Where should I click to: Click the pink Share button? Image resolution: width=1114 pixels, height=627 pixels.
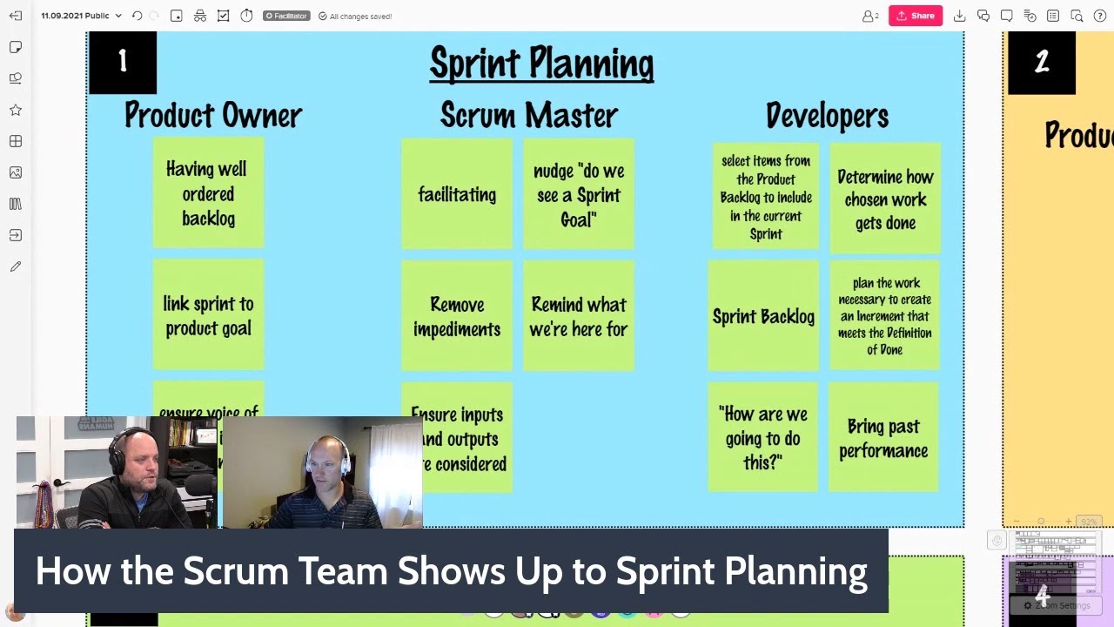pyautogui.click(x=915, y=16)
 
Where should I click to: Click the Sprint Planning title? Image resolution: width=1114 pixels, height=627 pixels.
pyautogui.click(x=541, y=64)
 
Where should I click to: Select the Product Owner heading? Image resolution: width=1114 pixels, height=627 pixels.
pyautogui.click(x=212, y=115)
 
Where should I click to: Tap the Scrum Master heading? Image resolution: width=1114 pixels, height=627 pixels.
pyautogui.click(x=528, y=115)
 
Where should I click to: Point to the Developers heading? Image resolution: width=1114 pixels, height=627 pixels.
pyautogui.click(x=827, y=115)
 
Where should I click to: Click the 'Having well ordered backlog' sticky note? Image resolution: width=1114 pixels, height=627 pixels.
pyautogui.click(x=208, y=193)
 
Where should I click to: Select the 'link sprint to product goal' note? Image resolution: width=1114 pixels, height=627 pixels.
pyautogui.click(x=208, y=315)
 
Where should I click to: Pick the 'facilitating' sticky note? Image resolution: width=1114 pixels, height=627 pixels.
pyautogui.click(x=457, y=194)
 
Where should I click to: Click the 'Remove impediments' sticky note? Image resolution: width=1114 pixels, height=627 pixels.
pyautogui.click(x=457, y=316)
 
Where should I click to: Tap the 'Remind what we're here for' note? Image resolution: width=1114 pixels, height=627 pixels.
pyautogui.click(x=579, y=316)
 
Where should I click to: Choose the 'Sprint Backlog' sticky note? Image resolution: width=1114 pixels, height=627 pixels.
pyautogui.click(x=763, y=316)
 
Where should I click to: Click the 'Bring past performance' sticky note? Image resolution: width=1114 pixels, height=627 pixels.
pyautogui.click(x=883, y=438)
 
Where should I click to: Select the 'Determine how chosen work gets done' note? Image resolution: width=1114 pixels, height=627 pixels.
pyautogui.click(x=885, y=199)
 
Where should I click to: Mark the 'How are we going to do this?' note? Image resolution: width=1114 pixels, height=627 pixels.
pyautogui.click(x=763, y=438)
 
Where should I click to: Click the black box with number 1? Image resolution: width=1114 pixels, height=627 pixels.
pyautogui.click(x=122, y=62)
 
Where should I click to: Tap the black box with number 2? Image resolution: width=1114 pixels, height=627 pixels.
pyautogui.click(x=1042, y=62)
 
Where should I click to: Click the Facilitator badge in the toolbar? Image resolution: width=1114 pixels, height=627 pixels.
pyautogui.click(x=286, y=16)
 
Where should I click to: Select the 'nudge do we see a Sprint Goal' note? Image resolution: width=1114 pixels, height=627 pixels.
pyautogui.click(x=579, y=194)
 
